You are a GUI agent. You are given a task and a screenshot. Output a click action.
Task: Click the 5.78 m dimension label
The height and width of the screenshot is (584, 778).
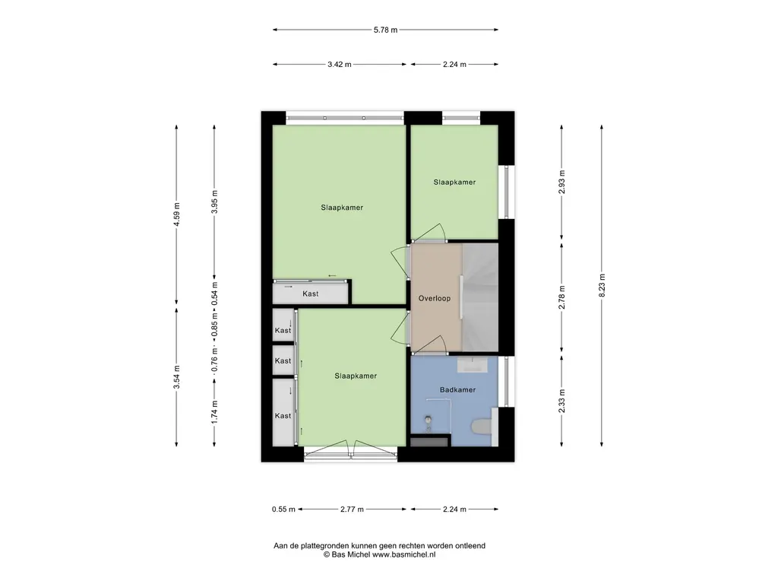pos(385,30)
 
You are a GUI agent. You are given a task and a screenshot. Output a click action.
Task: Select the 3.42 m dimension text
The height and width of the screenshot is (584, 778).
pos(340,64)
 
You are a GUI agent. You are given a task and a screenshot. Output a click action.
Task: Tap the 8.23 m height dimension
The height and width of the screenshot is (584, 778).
pos(602,286)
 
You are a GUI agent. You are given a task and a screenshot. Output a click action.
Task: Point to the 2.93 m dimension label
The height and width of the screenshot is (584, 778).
pos(561,182)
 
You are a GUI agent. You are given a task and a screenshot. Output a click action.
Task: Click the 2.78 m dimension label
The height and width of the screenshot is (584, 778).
pos(561,297)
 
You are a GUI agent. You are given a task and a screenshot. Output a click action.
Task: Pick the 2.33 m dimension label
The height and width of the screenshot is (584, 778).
pos(561,401)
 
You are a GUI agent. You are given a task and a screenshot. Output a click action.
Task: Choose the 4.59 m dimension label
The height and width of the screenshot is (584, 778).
pos(176,214)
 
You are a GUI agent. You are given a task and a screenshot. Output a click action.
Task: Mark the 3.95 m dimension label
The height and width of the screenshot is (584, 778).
pos(214,202)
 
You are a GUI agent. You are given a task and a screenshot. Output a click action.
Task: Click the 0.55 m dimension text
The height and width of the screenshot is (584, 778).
pos(283,509)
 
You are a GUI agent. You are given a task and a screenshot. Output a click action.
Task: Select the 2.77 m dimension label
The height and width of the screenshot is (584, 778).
pos(352,509)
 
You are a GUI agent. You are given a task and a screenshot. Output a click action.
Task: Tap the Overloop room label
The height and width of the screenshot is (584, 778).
pos(434,298)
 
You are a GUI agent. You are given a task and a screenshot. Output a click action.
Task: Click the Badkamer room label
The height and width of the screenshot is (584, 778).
pos(457,390)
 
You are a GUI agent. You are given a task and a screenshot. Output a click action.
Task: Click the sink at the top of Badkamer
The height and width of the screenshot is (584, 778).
pos(472,366)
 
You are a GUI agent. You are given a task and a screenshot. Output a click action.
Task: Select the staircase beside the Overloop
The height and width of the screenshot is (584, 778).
pos(480,297)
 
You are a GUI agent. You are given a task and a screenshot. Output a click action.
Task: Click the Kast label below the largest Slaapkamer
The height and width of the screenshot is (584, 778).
pos(311,294)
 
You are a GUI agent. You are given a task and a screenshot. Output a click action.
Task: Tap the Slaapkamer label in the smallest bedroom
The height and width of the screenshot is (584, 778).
pos(454,182)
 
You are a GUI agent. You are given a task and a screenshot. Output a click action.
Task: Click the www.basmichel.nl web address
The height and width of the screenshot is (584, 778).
pos(404,554)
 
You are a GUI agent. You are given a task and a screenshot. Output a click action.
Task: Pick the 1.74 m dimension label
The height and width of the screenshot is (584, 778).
pos(214,411)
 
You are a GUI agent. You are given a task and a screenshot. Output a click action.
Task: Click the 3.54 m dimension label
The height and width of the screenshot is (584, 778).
pos(176,377)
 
